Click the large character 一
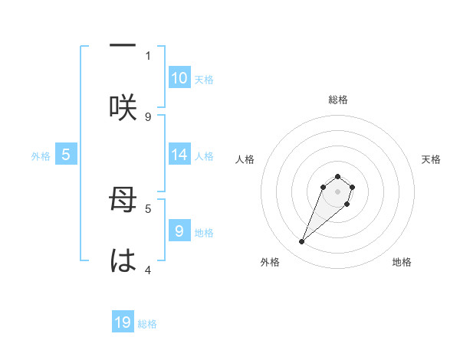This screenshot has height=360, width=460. coord(123,46)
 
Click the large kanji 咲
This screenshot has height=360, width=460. coord(123,106)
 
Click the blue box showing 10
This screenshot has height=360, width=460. coord(179,78)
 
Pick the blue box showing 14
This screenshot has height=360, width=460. coord(179,155)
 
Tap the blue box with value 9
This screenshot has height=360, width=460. coord(179,231)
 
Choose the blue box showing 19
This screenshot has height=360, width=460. coord(123,322)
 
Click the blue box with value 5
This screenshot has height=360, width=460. coord(66,155)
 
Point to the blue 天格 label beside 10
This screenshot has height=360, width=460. coord(204,79)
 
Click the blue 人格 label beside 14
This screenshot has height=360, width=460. coord(204,155)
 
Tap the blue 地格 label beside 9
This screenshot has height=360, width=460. coord(204,232)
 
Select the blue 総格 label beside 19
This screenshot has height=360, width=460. coord(147,324)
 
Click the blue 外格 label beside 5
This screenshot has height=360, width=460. coord(41,155)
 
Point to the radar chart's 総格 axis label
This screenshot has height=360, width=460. coord(338,100)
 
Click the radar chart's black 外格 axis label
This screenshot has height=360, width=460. coord(270,262)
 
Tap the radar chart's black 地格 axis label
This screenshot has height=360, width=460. coord(402,262)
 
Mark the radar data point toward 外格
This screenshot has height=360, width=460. coord(302,242)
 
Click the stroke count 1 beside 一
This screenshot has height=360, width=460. coord(148,55)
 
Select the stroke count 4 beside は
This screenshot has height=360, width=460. coord(148,269)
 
